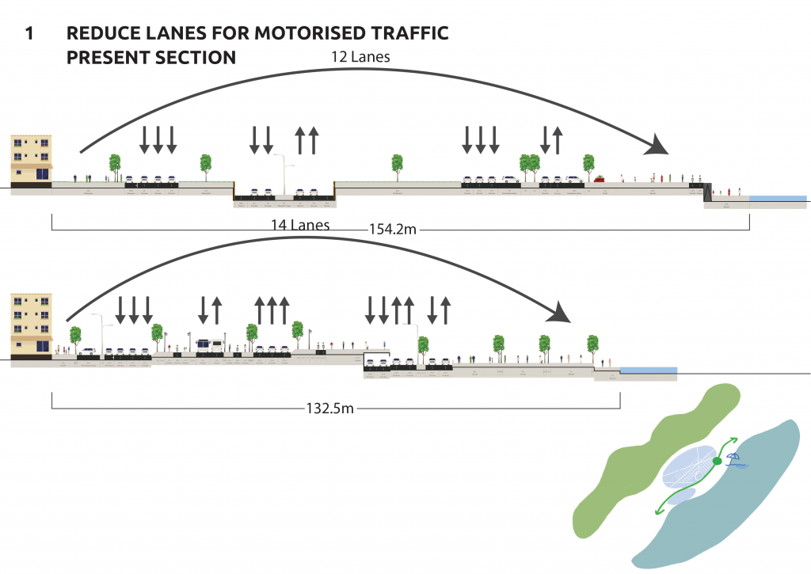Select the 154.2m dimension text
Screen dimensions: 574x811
click(393, 230)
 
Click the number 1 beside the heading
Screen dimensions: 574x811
click(29, 34)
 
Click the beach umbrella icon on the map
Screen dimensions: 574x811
click(735, 458)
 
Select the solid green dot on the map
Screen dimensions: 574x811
click(717, 461)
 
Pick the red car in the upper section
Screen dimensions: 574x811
click(600, 179)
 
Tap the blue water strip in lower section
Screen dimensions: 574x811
click(648, 370)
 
